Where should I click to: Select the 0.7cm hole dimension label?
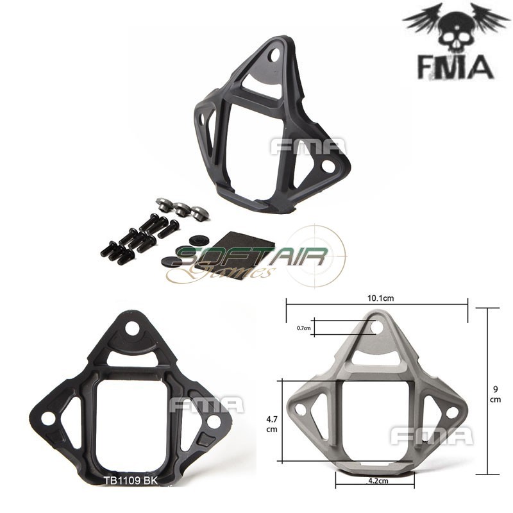pos(304,328)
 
